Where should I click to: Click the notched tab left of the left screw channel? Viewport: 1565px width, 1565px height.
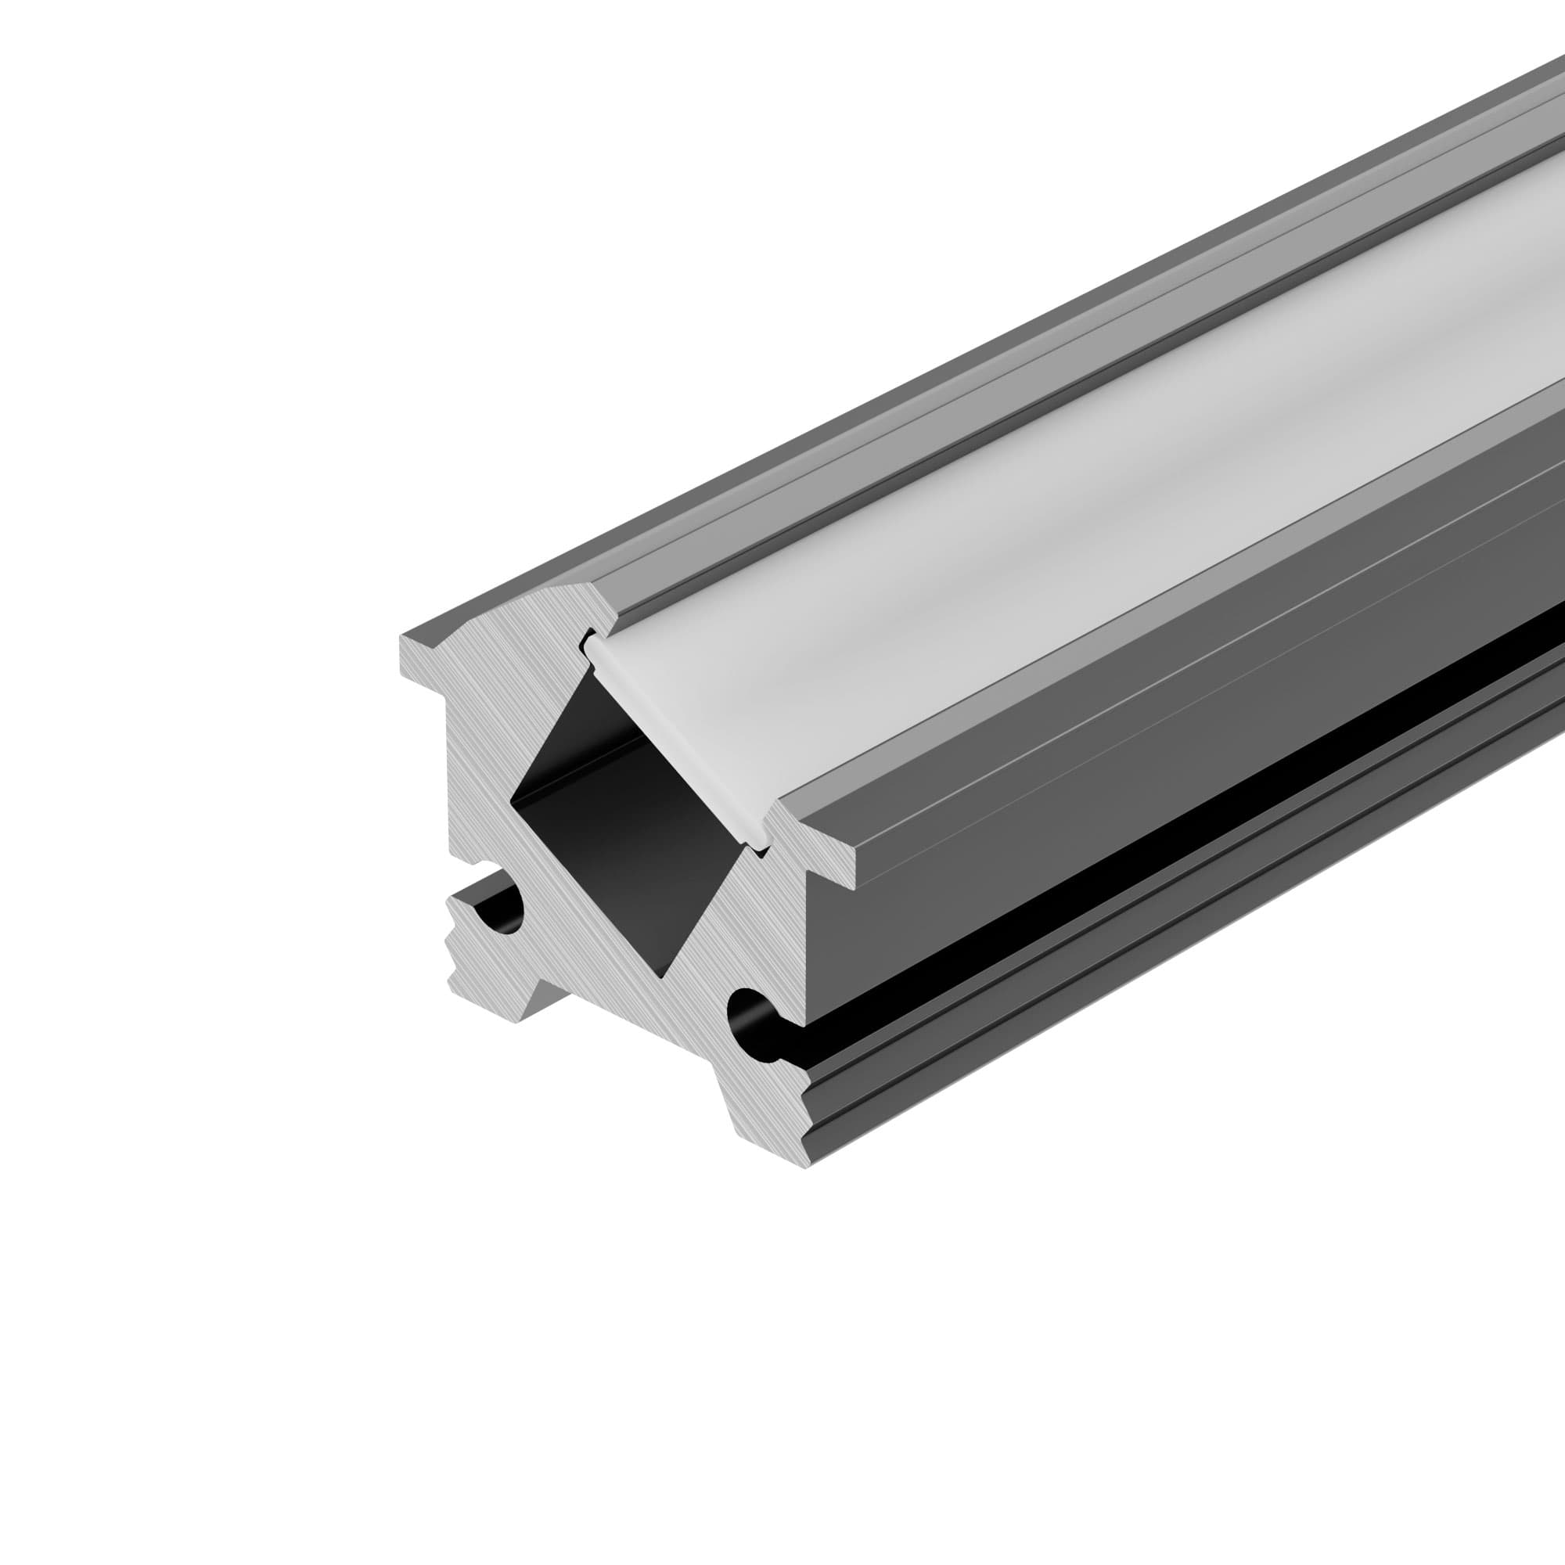click(459, 931)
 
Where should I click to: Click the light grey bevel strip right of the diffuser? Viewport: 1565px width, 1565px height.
click(1215, 583)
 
